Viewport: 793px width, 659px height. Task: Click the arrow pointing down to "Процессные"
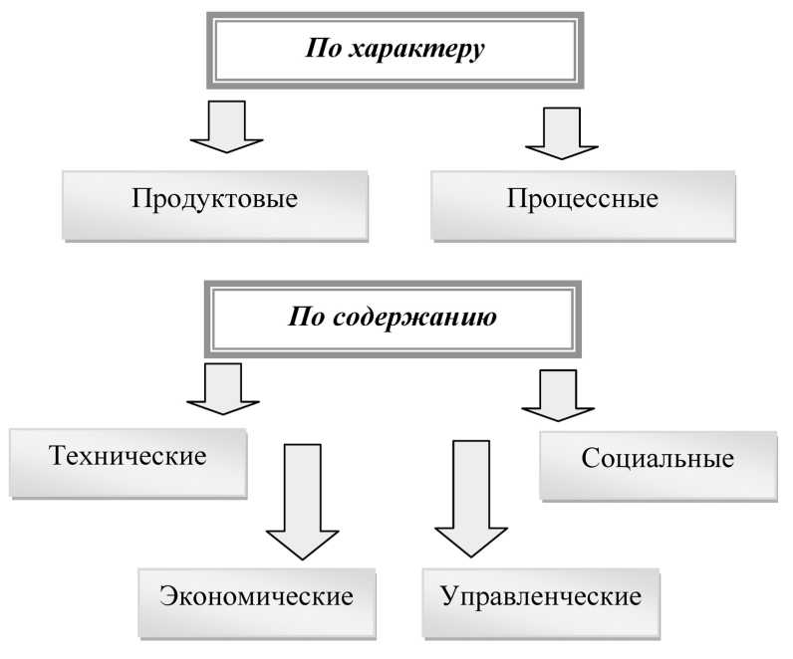click(562, 132)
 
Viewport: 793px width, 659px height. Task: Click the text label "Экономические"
click(256, 597)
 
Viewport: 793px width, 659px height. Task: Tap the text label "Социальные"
click(657, 459)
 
